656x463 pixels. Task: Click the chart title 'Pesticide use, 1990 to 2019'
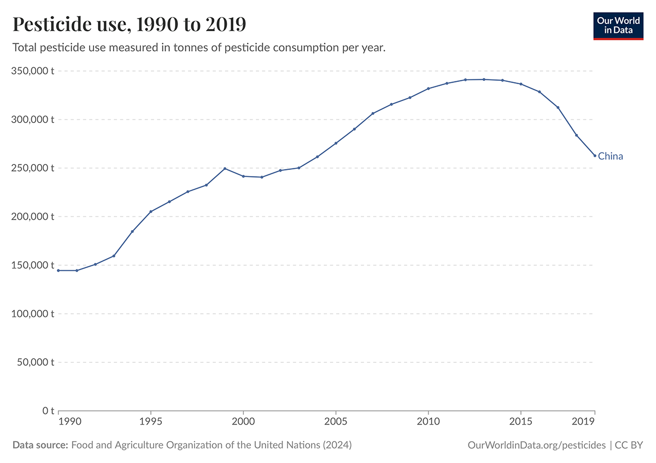pyautogui.click(x=129, y=25)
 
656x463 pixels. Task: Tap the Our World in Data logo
pyautogui.click(x=618, y=25)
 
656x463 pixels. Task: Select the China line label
pyautogui.click(x=610, y=156)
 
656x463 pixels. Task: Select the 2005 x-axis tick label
pyautogui.click(x=336, y=421)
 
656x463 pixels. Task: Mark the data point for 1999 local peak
pyautogui.click(x=225, y=168)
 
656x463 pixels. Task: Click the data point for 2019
pyautogui.click(x=595, y=156)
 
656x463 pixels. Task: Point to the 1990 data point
pyautogui.click(x=58, y=271)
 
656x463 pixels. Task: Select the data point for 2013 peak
pyautogui.click(x=484, y=79)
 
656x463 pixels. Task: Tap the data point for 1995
pyautogui.click(x=151, y=212)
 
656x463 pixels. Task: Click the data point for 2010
pyautogui.click(x=428, y=89)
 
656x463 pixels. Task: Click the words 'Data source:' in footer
pyautogui.click(x=40, y=445)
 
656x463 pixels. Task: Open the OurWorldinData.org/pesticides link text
pyautogui.click(x=537, y=445)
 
